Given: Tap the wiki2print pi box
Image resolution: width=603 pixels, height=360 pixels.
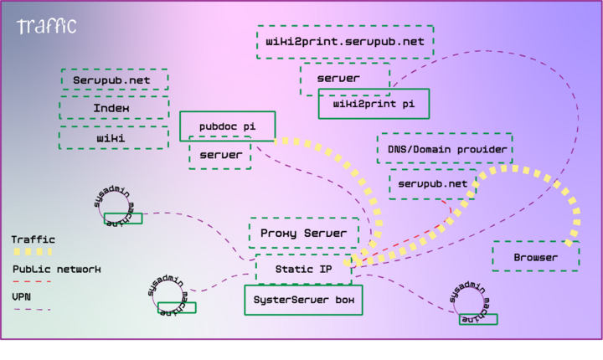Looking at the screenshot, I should (x=374, y=104).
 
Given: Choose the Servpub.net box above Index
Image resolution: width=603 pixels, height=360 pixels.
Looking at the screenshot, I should (x=113, y=80).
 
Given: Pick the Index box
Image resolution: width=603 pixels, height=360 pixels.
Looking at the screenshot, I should (x=113, y=108).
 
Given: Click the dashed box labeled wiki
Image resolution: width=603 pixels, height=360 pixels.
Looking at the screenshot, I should (x=113, y=137).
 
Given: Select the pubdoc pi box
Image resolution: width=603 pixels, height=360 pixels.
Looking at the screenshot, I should (x=227, y=126).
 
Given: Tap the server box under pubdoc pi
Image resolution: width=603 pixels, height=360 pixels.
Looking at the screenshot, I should (x=220, y=155).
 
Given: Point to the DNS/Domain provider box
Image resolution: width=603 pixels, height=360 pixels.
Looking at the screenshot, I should (x=444, y=149).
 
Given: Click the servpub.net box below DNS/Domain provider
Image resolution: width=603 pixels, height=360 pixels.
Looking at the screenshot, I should (x=432, y=183).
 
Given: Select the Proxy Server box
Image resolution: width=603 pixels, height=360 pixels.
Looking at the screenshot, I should (x=303, y=233).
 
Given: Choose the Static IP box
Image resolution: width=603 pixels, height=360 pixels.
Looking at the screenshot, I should (x=303, y=269).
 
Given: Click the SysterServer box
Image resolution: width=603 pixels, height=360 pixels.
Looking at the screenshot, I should (x=303, y=300).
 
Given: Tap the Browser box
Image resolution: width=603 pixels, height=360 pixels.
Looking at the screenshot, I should (x=535, y=256).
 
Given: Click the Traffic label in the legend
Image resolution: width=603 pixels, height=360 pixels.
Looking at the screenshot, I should (x=28, y=239).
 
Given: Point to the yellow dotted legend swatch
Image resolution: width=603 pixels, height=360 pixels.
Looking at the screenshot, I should (x=32, y=252).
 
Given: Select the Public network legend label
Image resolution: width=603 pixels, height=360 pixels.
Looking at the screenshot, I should (x=56, y=269).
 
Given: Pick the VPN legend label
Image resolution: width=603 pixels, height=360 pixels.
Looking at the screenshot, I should (x=22, y=296).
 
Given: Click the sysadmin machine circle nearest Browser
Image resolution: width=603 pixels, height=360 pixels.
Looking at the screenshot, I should (x=474, y=303).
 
